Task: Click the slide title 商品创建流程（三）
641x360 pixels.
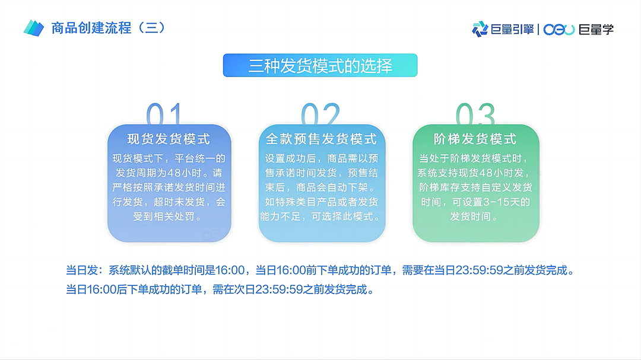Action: (x=108, y=28)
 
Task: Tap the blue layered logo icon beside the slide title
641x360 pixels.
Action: (x=34, y=28)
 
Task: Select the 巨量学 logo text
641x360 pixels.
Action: (x=595, y=28)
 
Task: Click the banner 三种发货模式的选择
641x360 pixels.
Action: (x=320, y=66)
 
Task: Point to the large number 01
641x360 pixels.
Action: (x=164, y=114)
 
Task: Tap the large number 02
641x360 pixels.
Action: (x=320, y=114)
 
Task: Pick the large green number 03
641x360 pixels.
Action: (x=475, y=114)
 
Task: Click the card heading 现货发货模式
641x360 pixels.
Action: (x=169, y=139)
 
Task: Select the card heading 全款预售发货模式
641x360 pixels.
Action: (x=321, y=139)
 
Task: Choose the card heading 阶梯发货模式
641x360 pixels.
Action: (x=475, y=139)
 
